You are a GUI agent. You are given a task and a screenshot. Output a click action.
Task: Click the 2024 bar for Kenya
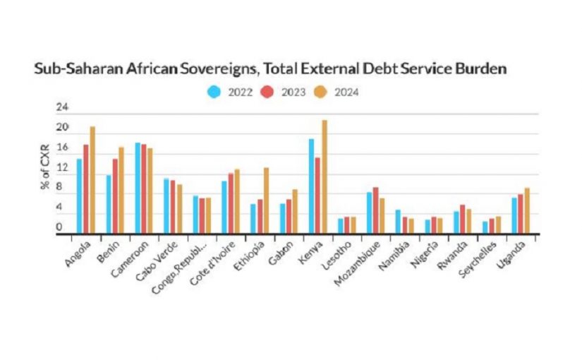coord(325,176)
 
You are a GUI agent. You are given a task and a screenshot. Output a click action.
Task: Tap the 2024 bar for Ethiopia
coord(266,200)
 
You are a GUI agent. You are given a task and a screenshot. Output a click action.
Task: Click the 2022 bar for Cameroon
coord(138,188)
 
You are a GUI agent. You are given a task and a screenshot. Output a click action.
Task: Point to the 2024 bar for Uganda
coord(526,211)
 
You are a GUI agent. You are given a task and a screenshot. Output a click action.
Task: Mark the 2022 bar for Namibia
coord(399,222)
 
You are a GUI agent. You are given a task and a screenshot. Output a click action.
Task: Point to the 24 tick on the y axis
coord(63,107)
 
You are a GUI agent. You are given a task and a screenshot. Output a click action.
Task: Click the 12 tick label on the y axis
coord(63,168)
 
